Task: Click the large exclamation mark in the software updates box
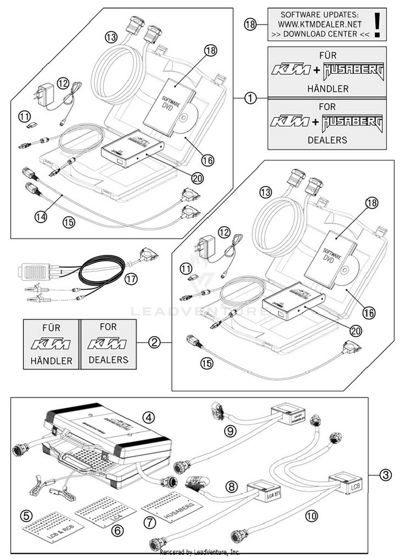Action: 377,25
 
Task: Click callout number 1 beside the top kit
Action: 250,98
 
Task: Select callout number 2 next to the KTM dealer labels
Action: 154,342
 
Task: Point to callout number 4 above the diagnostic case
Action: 149,417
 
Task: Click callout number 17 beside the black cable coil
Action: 131,279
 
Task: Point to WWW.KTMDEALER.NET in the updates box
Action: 320,24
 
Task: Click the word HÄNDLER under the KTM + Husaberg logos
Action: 328,89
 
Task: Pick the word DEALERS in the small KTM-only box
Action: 108,360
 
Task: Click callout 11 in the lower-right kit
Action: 186,269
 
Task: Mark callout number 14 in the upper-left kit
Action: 41,217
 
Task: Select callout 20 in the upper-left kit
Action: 197,178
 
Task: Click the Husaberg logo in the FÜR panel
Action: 354,71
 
